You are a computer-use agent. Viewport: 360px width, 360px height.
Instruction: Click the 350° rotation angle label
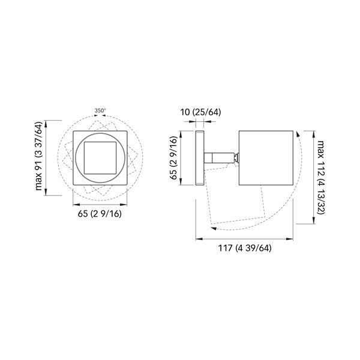100,110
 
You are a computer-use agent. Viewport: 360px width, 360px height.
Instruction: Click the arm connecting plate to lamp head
219,158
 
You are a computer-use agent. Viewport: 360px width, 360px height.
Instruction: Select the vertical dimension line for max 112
313,177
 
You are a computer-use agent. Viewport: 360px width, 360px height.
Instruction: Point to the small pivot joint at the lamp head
237,158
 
